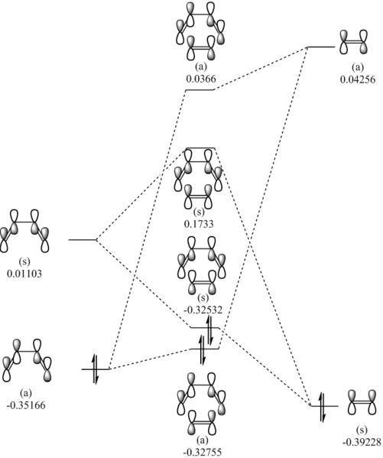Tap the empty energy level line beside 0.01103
82,240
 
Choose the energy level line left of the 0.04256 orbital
320,47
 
